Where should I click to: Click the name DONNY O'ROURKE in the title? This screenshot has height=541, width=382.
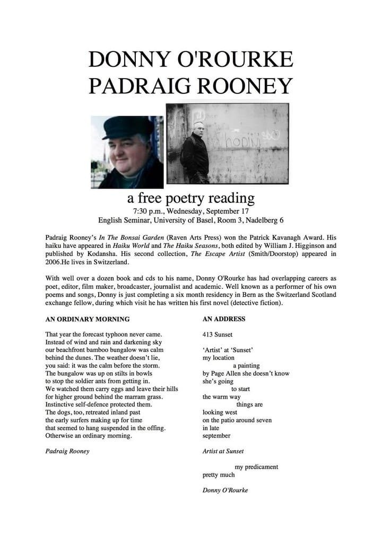pyautogui.click(x=190, y=59)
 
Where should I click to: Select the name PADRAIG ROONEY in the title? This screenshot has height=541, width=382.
pyautogui.click(x=190, y=85)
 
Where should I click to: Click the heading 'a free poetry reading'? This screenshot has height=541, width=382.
pyautogui.click(x=190, y=199)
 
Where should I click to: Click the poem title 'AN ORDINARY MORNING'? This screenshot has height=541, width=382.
pyautogui.click(x=87, y=319)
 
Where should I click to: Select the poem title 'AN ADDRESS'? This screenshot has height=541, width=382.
pyautogui.click(x=224, y=319)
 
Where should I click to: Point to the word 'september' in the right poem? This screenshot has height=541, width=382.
pyautogui.click(x=216, y=435)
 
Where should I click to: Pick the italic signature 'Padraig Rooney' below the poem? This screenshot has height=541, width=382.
pyautogui.click(x=67, y=451)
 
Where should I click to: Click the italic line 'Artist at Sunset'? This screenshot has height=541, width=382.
pyautogui.click(x=223, y=451)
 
